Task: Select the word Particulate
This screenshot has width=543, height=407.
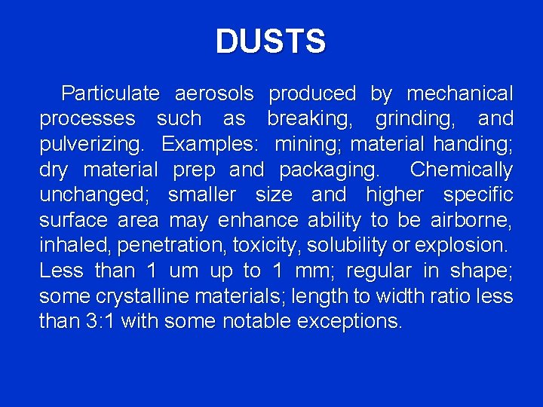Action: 110,94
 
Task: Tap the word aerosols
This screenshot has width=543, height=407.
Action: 214,94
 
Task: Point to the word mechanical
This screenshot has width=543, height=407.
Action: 459,94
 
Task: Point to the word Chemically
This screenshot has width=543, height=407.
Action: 461,170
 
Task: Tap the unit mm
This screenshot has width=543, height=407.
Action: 307,271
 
